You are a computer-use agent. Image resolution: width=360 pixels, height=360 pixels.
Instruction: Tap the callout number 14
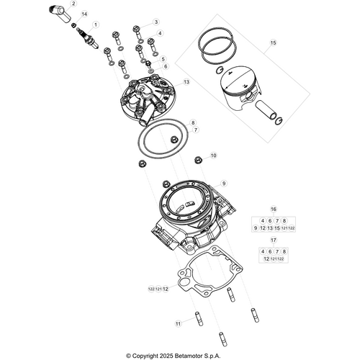pos(84,14)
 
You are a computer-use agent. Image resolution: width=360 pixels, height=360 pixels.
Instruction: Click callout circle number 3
pos(156,22)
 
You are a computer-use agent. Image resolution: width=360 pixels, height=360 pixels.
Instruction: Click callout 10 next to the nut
pos(212,156)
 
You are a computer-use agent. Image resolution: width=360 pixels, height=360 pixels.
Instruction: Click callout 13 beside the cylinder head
pos(186,82)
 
